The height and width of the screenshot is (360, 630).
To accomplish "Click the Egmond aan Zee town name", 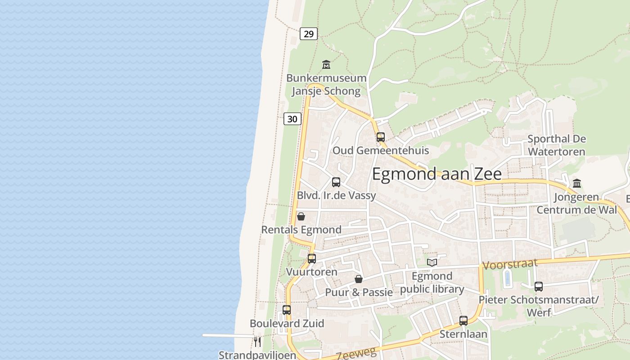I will pyautogui.click(x=436, y=174).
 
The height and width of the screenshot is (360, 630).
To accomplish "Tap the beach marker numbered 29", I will pyautogui.click(x=309, y=34).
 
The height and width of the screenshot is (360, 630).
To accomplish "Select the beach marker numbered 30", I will pyautogui.click(x=292, y=119).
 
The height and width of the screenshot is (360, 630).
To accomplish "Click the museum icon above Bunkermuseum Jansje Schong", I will pyautogui.click(x=326, y=65).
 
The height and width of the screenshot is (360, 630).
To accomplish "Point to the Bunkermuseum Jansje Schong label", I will pyautogui.click(x=326, y=85).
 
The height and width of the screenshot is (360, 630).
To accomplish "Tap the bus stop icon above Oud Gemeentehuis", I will pyautogui.click(x=381, y=137).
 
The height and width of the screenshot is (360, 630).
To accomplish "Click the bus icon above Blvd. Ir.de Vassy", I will pyautogui.click(x=336, y=182).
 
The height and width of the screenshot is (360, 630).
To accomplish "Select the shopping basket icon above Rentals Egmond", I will pyautogui.click(x=301, y=217).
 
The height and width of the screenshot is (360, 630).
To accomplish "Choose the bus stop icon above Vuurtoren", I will pyautogui.click(x=312, y=259).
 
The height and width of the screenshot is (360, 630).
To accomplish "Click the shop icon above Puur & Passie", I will pyautogui.click(x=359, y=279).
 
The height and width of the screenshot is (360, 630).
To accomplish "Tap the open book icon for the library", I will pyautogui.click(x=432, y=262).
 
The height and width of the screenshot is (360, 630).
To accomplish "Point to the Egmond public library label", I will pyautogui.click(x=432, y=283).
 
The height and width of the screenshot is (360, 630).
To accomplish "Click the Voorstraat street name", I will pyautogui.click(x=509, y=265).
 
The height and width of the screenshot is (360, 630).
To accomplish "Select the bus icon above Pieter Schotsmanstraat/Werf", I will pyautogui.click(x=539, y=286).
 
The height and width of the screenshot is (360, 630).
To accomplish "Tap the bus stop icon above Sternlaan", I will pyautogui.click(x=463, y=321).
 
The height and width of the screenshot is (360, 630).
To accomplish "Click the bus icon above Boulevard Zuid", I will pyautogui.click(x=287, y=310).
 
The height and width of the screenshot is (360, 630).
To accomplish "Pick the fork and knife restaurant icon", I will pyautogui.click(x=257, y=342).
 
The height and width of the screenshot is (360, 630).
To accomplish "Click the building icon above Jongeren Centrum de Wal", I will pyautogui.click(x=577, y=183).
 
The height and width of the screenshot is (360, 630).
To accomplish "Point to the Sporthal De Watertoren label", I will pyautogui.click(x=557, y=145).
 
